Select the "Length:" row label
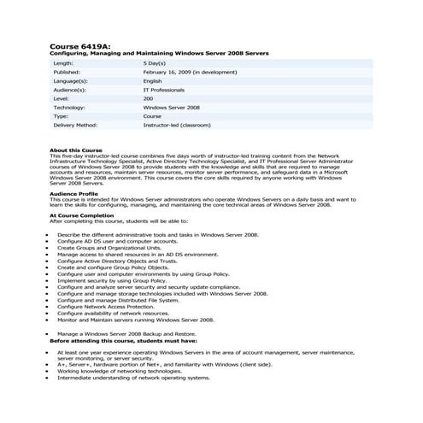63,63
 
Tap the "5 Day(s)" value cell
155,63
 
